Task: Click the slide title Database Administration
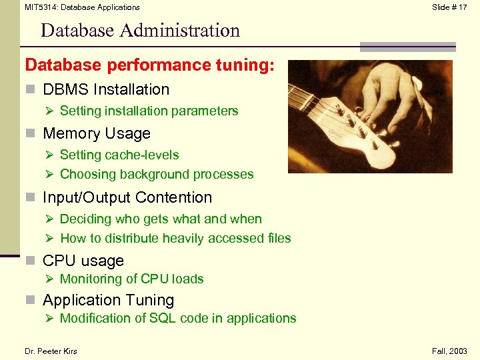pos(140,31)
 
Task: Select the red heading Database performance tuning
pos(150,65)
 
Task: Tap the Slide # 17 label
pos(449,7)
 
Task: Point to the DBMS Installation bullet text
pos(106,89)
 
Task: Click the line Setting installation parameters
pos(149,111)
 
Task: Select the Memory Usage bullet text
pos(97,133)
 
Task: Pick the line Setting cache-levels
pos(119,155)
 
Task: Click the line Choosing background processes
pos(157,174)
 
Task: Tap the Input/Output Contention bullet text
pos(127,197)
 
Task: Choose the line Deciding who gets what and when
pos(161,219)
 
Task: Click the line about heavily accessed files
pos(175,238)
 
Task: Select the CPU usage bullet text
pos(83,261)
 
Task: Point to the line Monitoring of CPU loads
pos(131,279)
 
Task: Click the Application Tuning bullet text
pos(109,300)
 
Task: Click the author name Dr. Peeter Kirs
pos(51,351)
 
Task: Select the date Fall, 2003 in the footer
pos(449,351)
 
